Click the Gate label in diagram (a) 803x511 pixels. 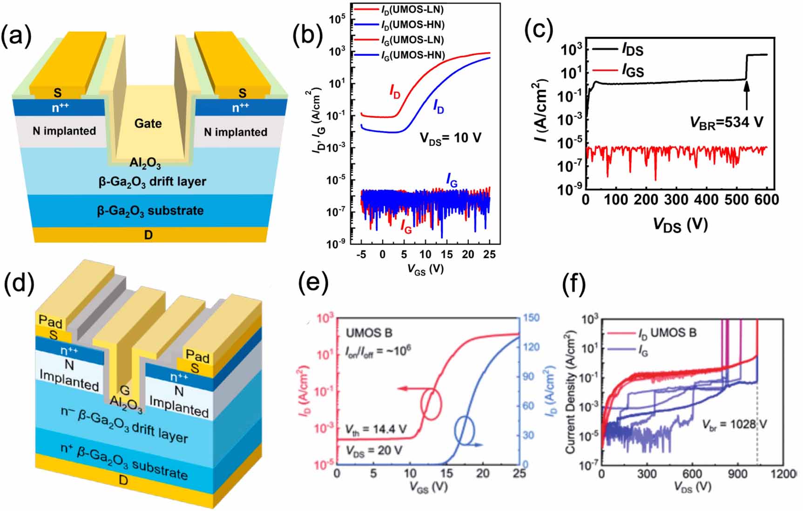(x=148, y=123)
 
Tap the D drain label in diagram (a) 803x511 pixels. (x=148, y=235)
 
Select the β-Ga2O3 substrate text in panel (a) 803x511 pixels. (x=150, y=211)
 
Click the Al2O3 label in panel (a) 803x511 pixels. (x=145, y=163)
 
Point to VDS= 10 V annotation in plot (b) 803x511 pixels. (x=450, y=138)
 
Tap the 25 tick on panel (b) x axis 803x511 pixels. (x=489, y=254)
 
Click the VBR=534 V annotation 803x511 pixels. (x=726, y=123)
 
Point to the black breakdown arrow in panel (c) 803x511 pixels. (x=746, y=95)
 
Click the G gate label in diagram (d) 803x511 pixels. (x=124, y=390)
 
